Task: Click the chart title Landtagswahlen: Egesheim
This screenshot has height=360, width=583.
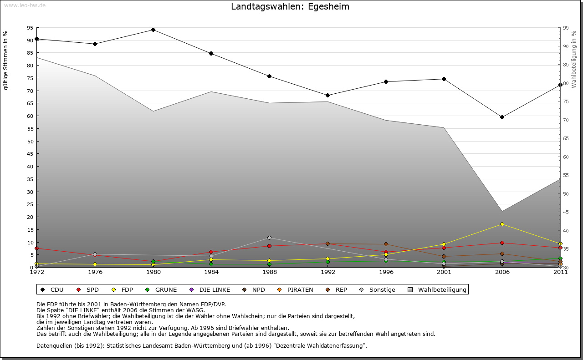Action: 290,7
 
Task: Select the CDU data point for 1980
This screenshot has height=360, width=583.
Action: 153,30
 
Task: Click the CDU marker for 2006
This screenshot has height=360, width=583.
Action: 502,117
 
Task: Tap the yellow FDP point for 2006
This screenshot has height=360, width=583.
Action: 502,224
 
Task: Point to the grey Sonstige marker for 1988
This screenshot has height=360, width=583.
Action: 270,238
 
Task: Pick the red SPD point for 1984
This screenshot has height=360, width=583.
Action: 211,252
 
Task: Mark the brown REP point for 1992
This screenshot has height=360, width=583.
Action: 328,244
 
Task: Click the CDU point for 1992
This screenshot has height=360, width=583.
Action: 328,96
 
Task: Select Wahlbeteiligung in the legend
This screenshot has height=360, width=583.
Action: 438,290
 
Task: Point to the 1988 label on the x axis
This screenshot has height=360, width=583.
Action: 270,272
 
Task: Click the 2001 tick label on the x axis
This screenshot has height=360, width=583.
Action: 444,272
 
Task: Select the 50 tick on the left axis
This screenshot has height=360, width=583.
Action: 30,141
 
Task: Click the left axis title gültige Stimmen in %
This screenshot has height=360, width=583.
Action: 6,60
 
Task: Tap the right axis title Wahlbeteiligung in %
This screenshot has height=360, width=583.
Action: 574,59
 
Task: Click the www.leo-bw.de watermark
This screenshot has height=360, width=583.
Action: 25,5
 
